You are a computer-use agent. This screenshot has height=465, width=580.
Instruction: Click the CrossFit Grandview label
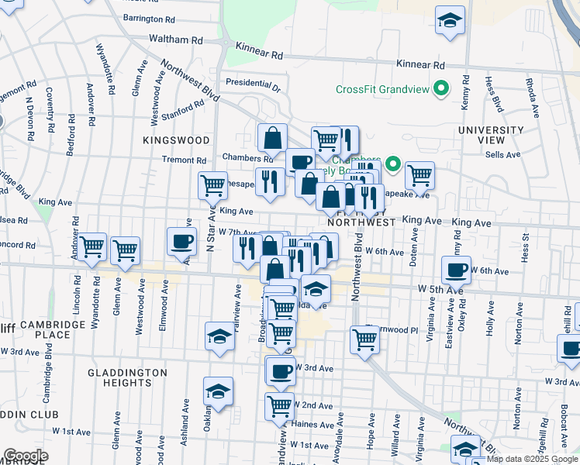pos(382,89)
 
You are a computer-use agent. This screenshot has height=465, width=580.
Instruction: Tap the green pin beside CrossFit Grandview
pos(442,89)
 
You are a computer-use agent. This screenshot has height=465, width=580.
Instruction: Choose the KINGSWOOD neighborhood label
pos(176,140)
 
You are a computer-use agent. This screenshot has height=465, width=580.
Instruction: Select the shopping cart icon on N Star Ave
pos(212,184)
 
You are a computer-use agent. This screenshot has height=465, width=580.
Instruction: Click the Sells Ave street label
pos(502,155)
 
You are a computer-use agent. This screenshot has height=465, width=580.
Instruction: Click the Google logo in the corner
pos(26,456)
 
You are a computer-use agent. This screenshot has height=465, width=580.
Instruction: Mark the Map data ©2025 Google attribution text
pos(532,459)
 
